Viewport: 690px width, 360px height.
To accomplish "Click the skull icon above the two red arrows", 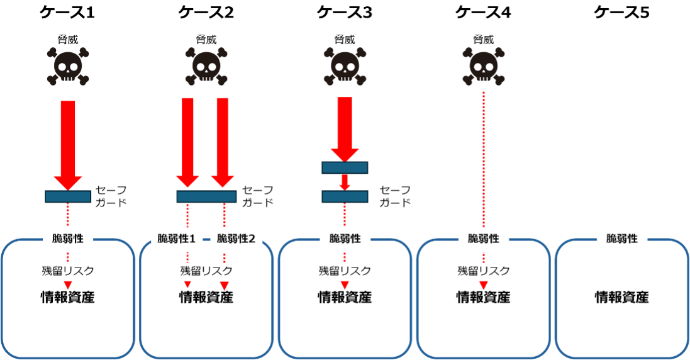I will pyautogui.click(x=206, y=66).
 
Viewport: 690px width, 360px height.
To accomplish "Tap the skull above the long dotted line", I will pyautogui.click(x=484, y=66).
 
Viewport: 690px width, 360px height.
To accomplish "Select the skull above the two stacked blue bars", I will pyautogui.click(x=345, y=66).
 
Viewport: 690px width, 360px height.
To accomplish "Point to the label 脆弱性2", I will pyautogui.click(x=236, y=239).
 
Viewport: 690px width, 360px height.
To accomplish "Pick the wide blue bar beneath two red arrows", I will pyautogui.click(x=206, y=196).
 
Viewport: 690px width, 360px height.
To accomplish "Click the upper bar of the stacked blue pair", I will pyautogui.click(x=345, y=167).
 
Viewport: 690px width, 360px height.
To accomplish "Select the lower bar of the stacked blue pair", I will pyautogui.click(x=345, y=196).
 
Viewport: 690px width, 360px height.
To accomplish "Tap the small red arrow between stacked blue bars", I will pyautogui.click(x=345, y=183).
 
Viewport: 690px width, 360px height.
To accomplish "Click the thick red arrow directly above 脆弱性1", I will pyautogui.click(x=187, y=142).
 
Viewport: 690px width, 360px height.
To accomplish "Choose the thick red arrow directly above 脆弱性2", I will pyautogui.click(x=223, y=142).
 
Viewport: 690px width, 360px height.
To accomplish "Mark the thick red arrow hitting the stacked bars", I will pyautogui.click(x=345, y=129).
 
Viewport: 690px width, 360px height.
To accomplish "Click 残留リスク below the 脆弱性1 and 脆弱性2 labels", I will pyautogui.click(x=206, y=272).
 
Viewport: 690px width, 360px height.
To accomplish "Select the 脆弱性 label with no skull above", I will pyautogui.click(x=622, y=239).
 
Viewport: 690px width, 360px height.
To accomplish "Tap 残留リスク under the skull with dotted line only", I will pyautogui.click(x=484, y=272).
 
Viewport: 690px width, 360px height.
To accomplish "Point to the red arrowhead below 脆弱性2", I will pyautogui.click(x=225, y=286).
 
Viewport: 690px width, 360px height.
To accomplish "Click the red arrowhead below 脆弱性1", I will pyautogui.click(x=187, y=285).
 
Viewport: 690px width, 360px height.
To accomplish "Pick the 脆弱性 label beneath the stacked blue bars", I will pyautogui.click(x=345, y=239).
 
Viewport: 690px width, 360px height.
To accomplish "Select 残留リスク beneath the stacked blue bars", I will pyautogui.click(x=345, y=272).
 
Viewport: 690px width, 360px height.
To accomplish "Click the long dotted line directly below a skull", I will pyautogui.click(x=484, y=157).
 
